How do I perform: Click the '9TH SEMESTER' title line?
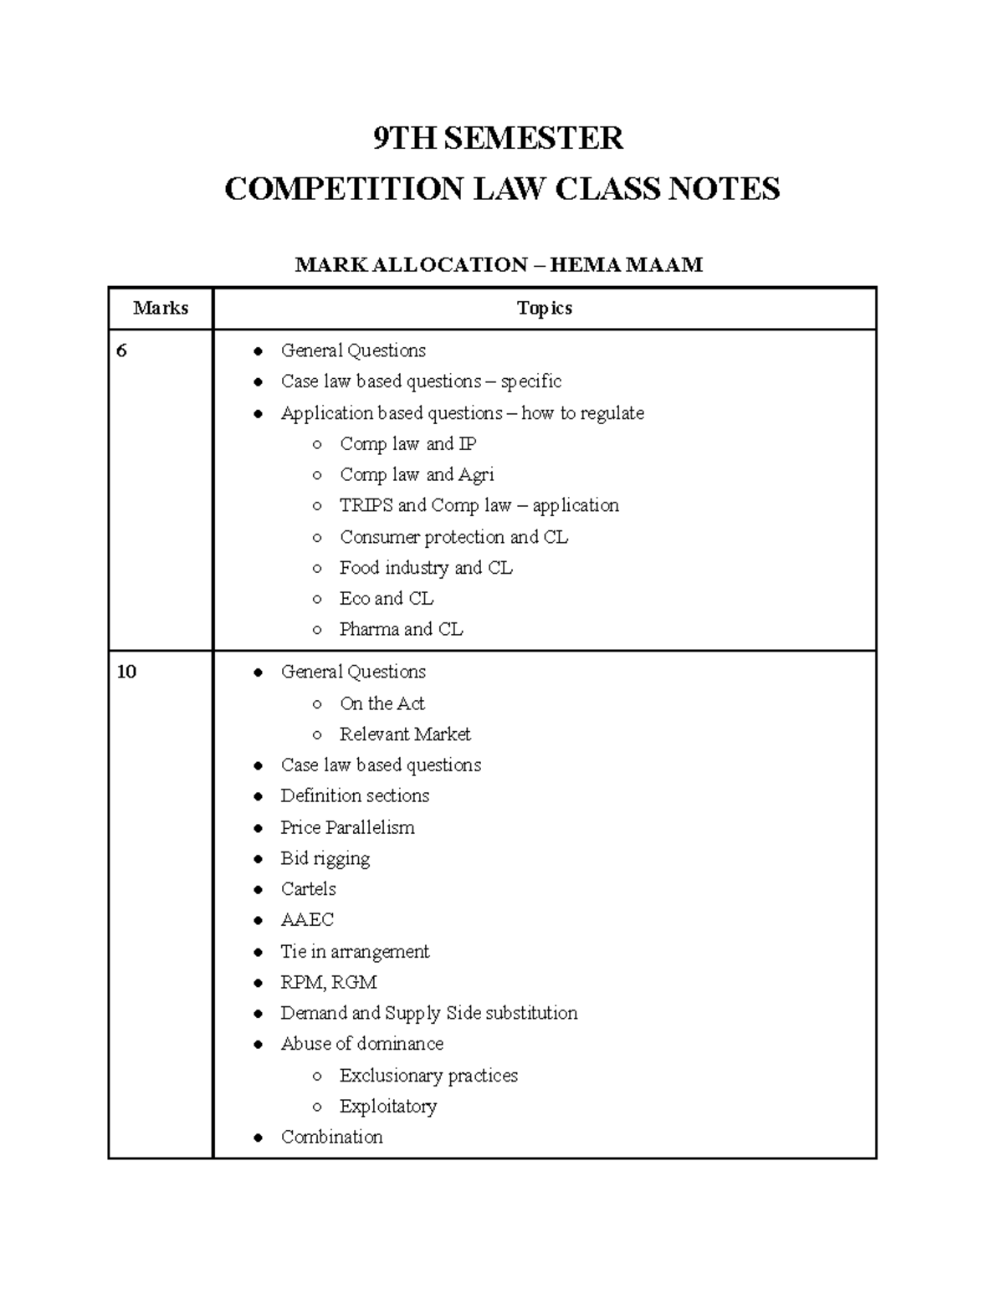498,138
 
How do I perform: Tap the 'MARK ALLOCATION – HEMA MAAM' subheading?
499,265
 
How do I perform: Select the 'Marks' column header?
161,309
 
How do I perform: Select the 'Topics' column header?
544,309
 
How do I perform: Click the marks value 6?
122,351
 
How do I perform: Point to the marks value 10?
126,673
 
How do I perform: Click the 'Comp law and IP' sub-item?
407,444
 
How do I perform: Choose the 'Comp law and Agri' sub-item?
417,475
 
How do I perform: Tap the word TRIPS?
366,506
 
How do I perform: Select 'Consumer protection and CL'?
453,537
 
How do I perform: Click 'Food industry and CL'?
426,568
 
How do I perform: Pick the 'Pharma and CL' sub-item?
401,630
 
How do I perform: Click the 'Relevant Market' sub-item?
405,734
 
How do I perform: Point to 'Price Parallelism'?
347,828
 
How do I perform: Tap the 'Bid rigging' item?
325,859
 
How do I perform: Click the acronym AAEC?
307,920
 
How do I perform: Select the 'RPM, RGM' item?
329,983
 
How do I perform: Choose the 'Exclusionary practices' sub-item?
428,1076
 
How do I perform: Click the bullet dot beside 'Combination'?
259,1138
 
